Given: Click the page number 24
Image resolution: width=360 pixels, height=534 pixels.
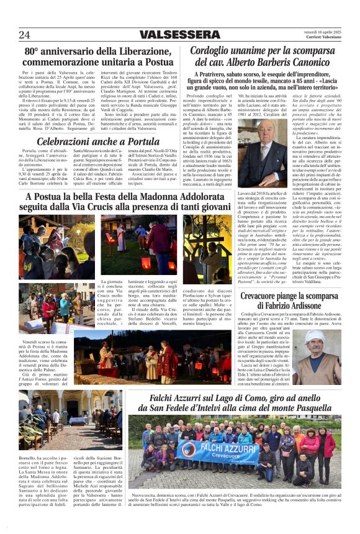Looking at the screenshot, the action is (x=24, y=35).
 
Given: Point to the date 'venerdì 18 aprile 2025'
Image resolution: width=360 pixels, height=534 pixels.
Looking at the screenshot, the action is (x=322, y=31).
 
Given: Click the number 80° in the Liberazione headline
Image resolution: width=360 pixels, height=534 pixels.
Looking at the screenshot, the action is (x=35, y=52).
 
